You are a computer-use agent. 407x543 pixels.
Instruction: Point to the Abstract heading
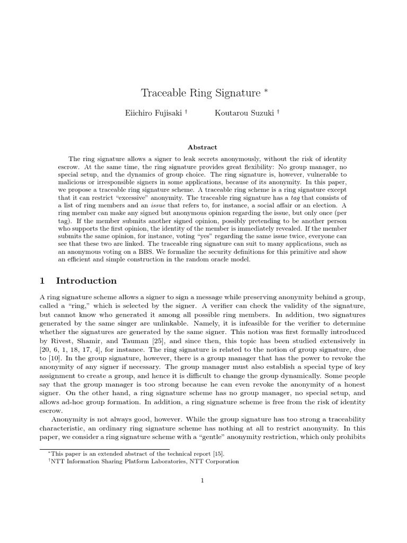tap(202, 147)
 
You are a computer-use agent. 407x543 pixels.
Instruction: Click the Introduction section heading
tap(86, 281)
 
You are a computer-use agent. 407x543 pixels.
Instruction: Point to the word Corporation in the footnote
tap(222, 461)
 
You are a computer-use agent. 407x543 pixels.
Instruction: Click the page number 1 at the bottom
tap(202, 480)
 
